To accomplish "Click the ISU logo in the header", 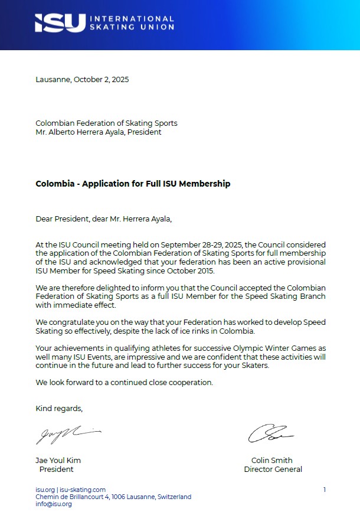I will coord(59,23).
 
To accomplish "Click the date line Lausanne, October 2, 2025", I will coord(82,79).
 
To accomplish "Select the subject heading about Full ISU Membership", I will coord(133,184).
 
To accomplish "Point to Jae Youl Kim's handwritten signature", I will coord(67,434).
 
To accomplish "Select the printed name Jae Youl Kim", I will coord(58,461).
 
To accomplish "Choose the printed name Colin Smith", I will coord(271,461).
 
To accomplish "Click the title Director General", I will coord(273,470).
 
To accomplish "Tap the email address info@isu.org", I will coord(54,504).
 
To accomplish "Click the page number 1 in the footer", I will coord(325,490).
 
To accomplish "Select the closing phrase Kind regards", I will coord(59,408).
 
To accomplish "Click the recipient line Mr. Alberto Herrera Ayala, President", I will coord(99,132).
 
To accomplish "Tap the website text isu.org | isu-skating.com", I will coord(70,490).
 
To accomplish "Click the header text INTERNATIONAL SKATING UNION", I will coord(131,23).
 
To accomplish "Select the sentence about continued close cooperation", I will coord(124,382).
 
